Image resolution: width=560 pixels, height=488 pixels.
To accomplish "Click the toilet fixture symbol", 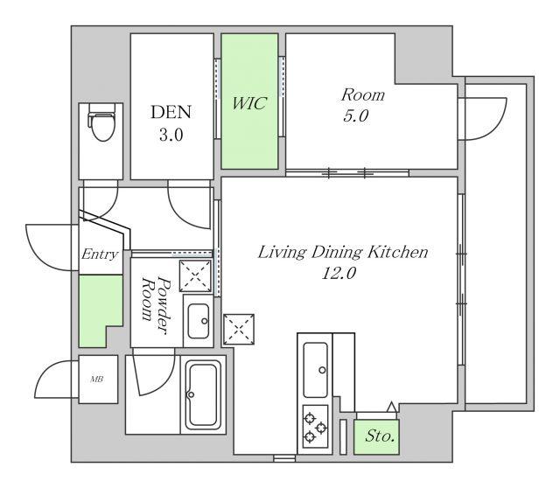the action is tap(101, 122).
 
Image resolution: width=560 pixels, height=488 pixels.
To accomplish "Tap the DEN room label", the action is tap(171, 112).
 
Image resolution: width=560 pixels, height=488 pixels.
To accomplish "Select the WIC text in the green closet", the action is tap(249, 103).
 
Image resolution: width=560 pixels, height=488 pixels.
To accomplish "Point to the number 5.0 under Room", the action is tap(356, 116).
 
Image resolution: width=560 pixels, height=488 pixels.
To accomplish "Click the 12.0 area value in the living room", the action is tap(339, 274).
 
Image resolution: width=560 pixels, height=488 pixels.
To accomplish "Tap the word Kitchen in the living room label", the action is tap(397, 253).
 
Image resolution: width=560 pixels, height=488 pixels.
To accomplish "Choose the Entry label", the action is tap(100, 254).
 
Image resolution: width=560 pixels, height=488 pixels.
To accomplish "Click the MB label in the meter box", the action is tap(96, 380).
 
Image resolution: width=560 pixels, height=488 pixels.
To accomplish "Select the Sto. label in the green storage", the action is tap(380, 436).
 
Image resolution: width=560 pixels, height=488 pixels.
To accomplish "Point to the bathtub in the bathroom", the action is tap(203, 394).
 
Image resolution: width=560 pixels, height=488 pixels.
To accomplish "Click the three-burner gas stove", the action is tap(315, 427).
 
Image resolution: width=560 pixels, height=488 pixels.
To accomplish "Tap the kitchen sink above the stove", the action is tap(315, 370).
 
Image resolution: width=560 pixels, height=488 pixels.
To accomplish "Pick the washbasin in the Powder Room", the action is tap(199, 321).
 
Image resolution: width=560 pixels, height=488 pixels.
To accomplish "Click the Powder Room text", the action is tap(155, 305).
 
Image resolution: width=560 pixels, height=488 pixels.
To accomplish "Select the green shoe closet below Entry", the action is tap(100, 310).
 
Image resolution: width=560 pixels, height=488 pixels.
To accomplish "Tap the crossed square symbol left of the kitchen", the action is tap(239, 329).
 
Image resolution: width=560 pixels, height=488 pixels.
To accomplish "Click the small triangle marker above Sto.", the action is tap(392, 407).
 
